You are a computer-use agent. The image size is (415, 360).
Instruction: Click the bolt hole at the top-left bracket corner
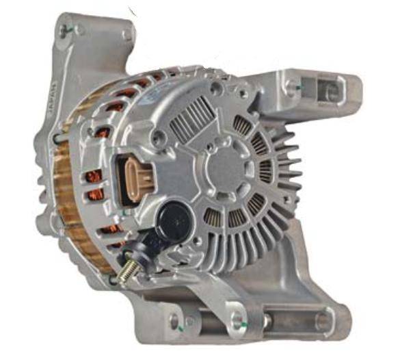[x=64, y=30]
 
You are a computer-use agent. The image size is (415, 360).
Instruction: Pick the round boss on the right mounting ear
[x=294, y=86]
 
